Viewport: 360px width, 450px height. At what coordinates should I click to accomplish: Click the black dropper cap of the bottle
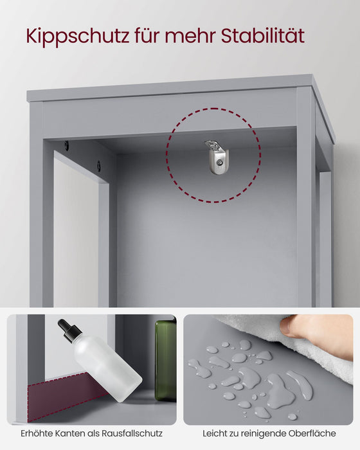coord(69,331)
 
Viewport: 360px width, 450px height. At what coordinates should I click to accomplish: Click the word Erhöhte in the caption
coord(37,435)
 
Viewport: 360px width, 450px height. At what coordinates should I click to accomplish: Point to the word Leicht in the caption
coord(215,435)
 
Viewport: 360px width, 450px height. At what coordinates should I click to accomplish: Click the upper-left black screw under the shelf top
coord(66,146)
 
